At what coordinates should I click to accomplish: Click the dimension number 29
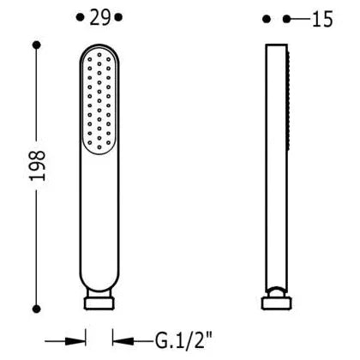pyautogui.click(x=99, y=17)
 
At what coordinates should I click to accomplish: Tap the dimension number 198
pyautogui.click(x=38, y=165)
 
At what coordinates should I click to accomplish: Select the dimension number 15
pyautogui.click(x=322, y=20)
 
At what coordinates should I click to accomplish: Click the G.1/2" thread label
pyautogui.click(x=184, y=340)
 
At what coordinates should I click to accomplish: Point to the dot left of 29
pyautogui.click(x=81, y=17)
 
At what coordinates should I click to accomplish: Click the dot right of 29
pyautogui.click(x=118, y=17)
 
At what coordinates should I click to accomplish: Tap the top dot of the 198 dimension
pyautogui.click(x=37, y=45)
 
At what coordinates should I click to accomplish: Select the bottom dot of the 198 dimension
pyautogui.click(x=36, y=309)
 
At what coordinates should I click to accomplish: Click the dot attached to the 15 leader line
pyautogui.click(x=286, y=19)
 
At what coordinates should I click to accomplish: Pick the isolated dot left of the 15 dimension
pyautogui.click(x=267, y=19)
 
